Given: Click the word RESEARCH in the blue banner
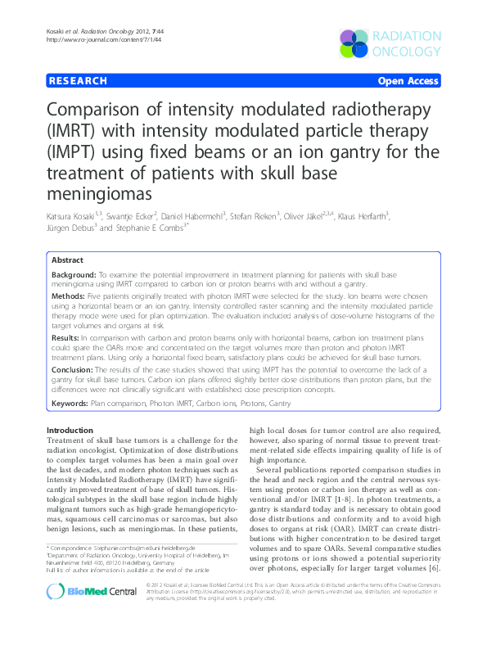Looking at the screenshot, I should pyautogui.click(x=79, y=81).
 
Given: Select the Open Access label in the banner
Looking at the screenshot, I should pyautogui.click(x=408, y=81).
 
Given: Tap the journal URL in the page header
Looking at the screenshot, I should pyautogui.click(x=92, y=38).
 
